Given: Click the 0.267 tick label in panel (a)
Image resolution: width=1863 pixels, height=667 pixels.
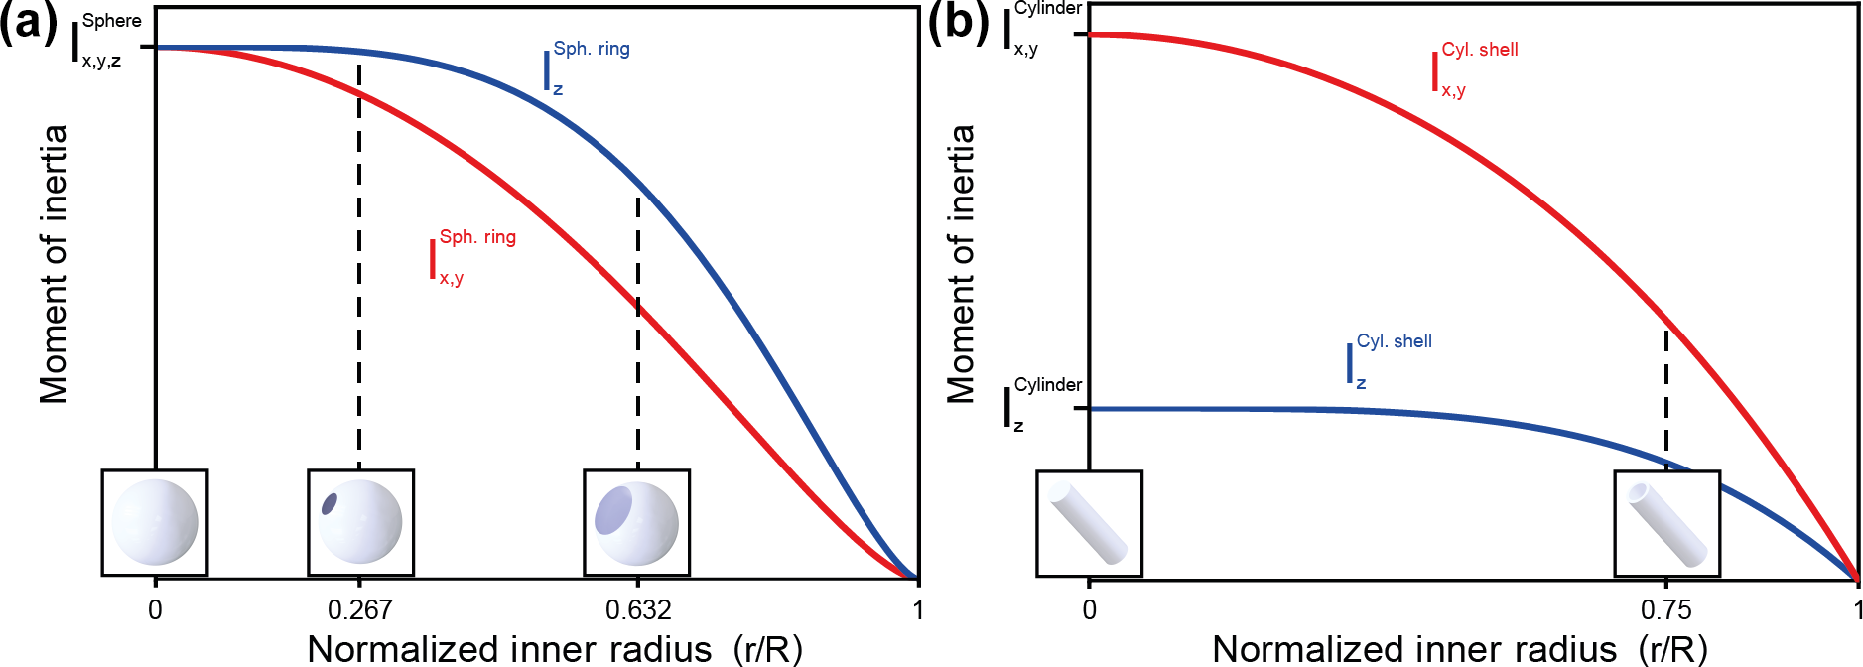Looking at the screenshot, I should point(359,609).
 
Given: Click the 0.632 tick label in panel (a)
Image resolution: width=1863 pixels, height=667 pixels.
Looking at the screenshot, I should point(638,609).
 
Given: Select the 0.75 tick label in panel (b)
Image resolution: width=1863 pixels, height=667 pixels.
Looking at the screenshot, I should point(1665,609).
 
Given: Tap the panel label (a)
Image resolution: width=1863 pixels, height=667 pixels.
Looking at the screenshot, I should point(28,22).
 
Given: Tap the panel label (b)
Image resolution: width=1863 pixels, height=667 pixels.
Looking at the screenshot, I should point(958,22).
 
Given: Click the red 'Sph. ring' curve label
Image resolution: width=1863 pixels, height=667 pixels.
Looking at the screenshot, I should point(473,256).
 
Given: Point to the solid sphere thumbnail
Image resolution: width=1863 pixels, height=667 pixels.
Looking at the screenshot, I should point(155,523).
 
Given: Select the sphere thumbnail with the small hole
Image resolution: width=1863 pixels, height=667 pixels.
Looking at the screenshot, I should point(360,523).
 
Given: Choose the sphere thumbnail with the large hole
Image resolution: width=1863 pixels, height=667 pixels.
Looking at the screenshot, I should point(636,523).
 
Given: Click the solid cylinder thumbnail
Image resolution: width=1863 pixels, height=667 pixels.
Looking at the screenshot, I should point(1089,524).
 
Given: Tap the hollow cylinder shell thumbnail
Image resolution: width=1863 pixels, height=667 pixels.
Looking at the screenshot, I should point(1666,524).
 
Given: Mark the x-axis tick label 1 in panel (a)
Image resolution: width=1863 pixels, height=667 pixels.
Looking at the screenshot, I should point(918,609).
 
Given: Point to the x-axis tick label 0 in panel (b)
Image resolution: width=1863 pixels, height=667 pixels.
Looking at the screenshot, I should point(1089,609).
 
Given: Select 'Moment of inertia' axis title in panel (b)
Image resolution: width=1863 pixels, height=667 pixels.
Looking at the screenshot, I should point(960,264).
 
